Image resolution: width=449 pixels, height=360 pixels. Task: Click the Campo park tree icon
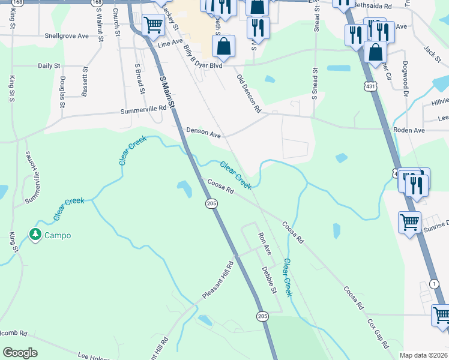coord(35,235)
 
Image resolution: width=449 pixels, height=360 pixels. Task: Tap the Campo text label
coord(58,235)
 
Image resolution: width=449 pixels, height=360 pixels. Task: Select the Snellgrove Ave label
coord(66,36)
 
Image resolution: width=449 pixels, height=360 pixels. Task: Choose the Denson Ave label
coord(203,133)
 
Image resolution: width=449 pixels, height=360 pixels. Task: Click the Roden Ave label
coord(408,130)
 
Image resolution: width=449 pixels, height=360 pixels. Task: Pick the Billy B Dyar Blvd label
coord(199,59)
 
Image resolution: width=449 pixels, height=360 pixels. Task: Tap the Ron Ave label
coord(265,244)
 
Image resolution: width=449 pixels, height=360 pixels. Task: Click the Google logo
coord(20,353)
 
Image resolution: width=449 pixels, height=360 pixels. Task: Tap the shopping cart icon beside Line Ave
coord(153,25)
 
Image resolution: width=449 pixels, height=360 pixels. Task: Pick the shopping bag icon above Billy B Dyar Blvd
coord(223,47)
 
